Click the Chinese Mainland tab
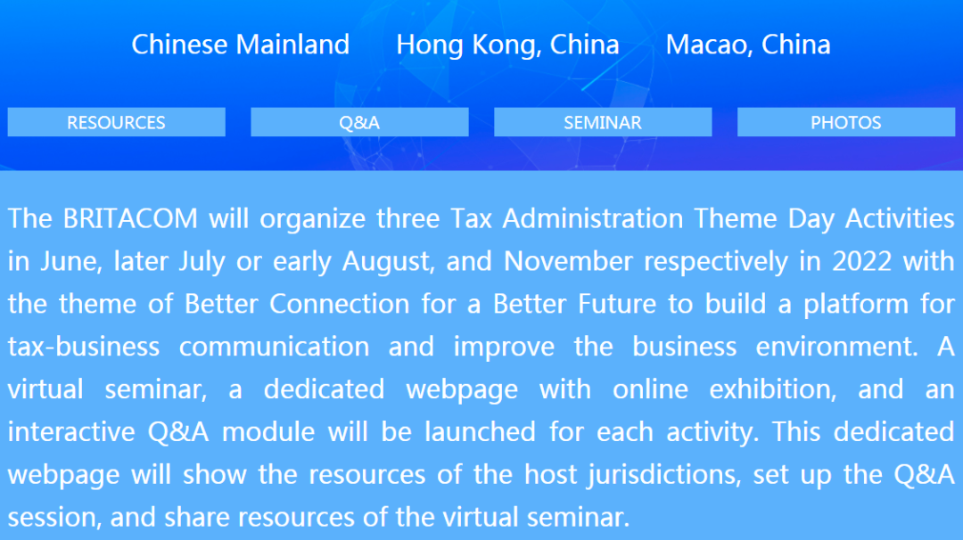pos(240,45)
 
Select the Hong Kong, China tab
pos(507,45)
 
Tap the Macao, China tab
pos(748,45)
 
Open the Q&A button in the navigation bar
pos(359,122)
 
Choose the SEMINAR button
pos(603,122)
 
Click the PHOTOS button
pos(845,122)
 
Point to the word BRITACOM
pos(130,218)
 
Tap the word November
pos(568,261)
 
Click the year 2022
pos(861,261)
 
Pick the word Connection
pos(339,304)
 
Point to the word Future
pos(617,304)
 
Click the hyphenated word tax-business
pos(84,347)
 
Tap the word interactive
pos(71,431)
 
